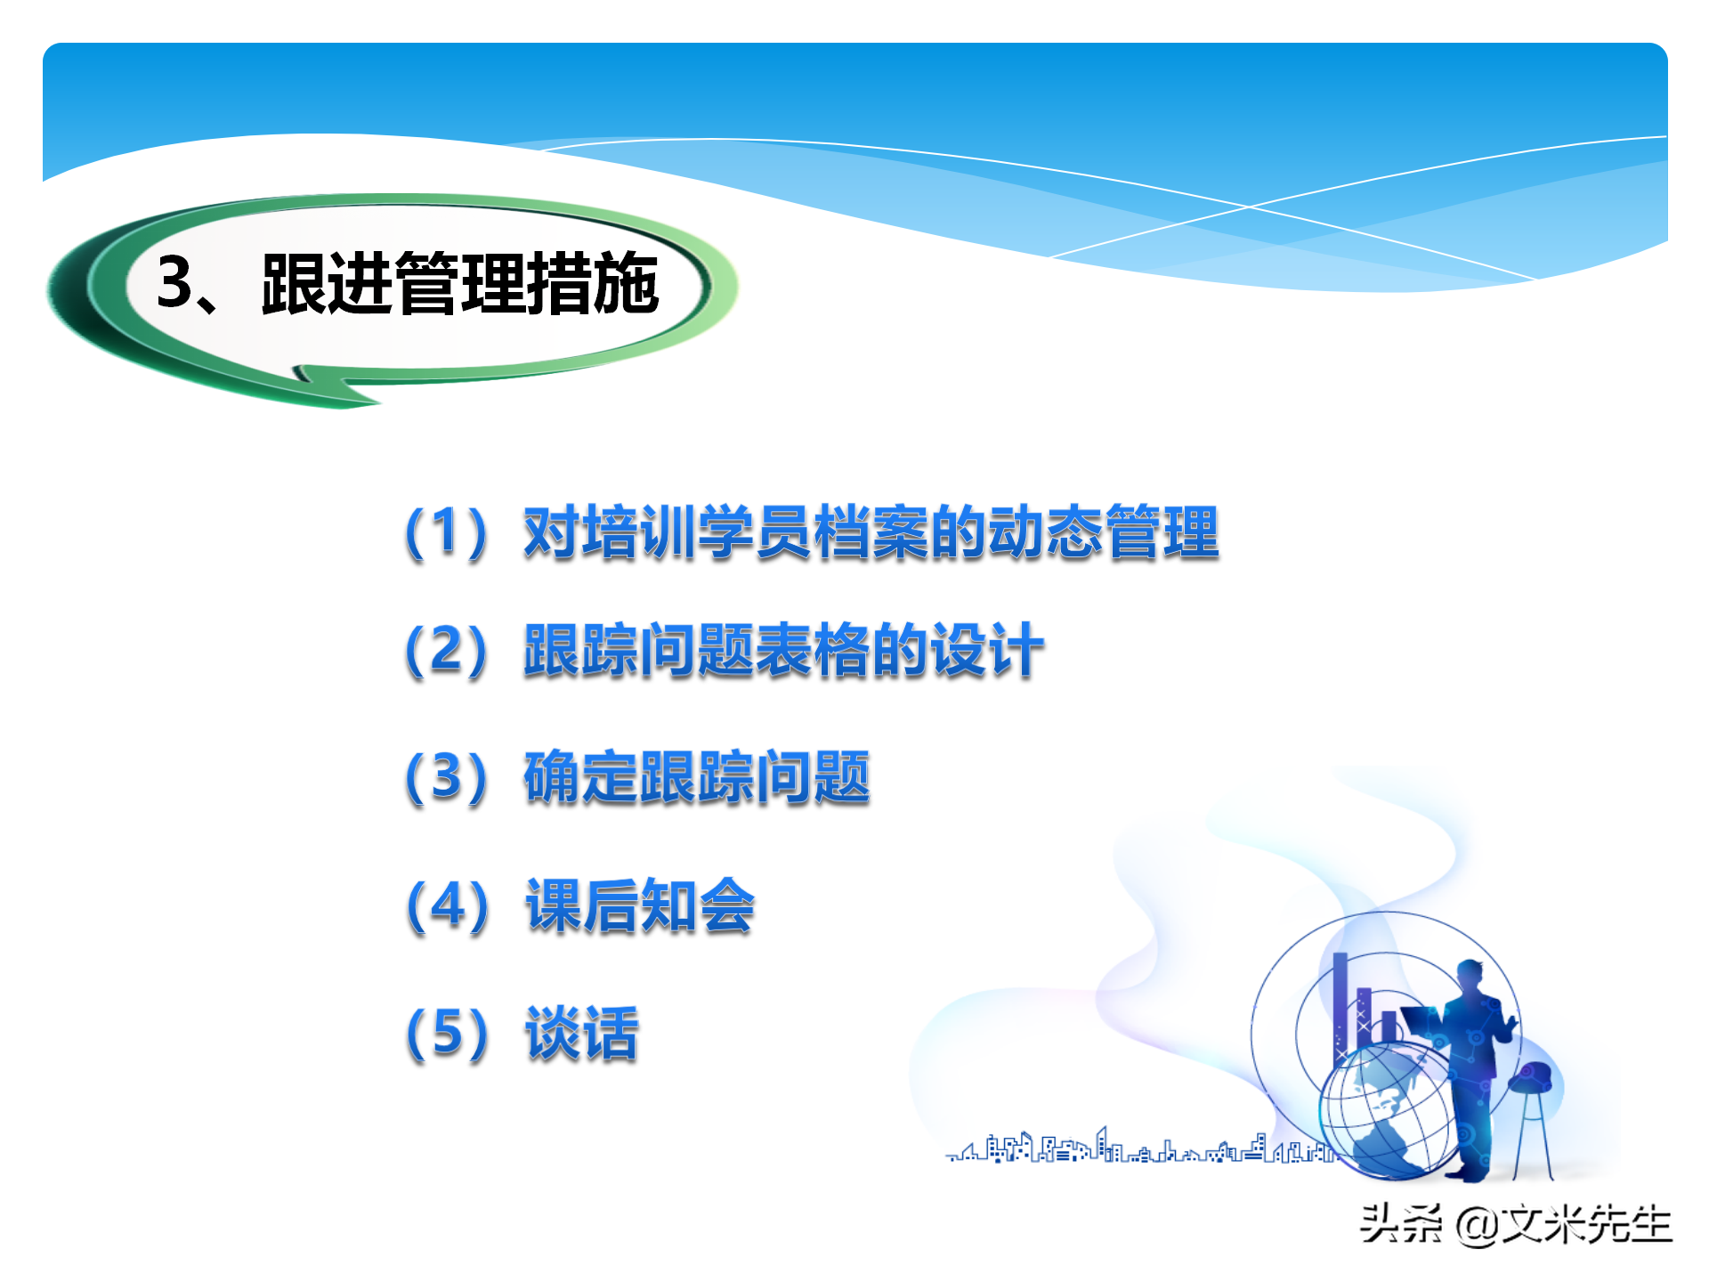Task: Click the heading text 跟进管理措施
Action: tap(459, 283)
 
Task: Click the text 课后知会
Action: tap(639, 905)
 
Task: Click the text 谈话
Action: tap(581, 1034)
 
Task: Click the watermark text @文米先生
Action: tap(1563, 1224)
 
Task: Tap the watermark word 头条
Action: tap(1401, 1224)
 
